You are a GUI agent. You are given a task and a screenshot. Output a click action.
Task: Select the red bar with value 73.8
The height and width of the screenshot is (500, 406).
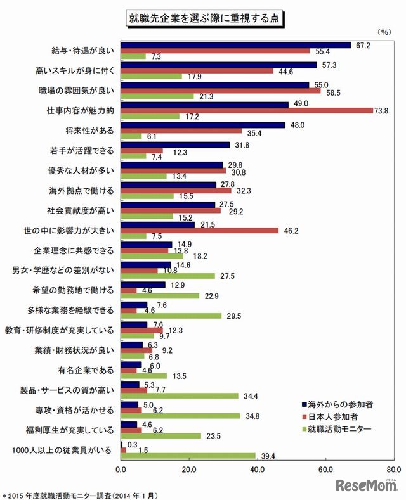246,110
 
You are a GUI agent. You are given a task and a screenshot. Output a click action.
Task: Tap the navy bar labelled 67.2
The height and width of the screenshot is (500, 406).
235,45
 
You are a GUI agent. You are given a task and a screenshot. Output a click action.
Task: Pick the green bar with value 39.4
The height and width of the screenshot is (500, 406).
188,456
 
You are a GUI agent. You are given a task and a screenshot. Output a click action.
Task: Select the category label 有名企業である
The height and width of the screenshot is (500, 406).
88,369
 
